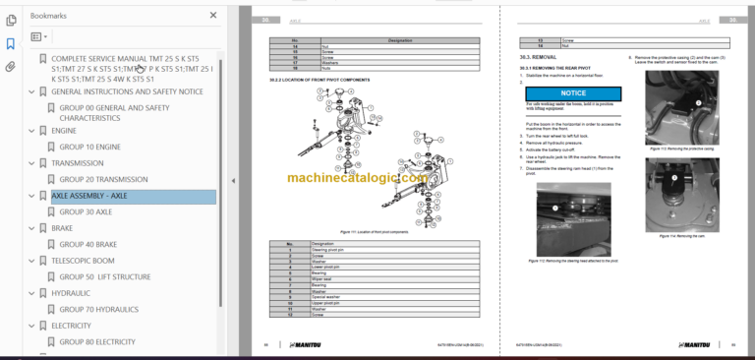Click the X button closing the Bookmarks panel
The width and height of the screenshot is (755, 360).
[214, 16]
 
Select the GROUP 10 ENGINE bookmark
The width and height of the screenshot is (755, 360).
[89, 147]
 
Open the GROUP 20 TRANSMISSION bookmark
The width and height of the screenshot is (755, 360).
[103, 179]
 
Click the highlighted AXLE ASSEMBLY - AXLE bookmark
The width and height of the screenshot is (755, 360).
[88, 196]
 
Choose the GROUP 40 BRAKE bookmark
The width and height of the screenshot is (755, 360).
[87, 244]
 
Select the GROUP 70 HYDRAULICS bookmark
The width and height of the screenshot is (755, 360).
[102, 309]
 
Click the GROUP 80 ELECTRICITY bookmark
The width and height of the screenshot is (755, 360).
[96, 341]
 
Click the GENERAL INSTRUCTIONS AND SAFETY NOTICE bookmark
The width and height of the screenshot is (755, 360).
[127, 91]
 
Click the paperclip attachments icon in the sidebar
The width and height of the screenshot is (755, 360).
[11, 67]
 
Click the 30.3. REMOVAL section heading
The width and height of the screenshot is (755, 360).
[540, 57]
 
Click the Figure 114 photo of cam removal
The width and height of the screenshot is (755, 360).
[682, 193]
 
